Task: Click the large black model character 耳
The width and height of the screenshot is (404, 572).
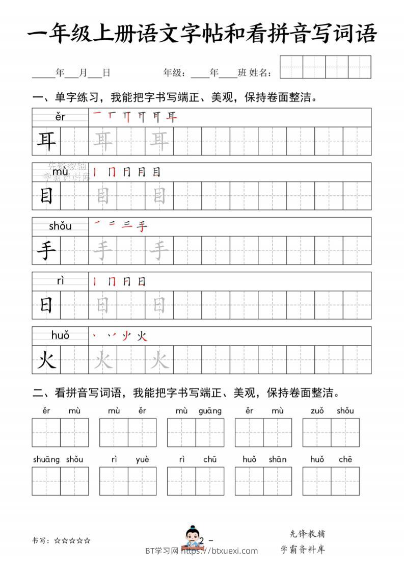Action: [46, 141]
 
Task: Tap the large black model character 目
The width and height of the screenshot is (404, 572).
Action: [46, 196]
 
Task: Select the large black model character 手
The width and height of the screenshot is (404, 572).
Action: [46, 250]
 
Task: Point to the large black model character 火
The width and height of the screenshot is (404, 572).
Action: [46, 361]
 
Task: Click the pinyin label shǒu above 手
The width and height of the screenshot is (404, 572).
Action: [60, 226]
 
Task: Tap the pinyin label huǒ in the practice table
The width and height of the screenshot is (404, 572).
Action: [60, 335]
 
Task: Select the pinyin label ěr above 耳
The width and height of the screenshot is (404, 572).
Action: [60, 117]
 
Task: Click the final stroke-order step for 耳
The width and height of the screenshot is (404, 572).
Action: [172, 117]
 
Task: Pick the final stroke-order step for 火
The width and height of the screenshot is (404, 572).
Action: [142, 336]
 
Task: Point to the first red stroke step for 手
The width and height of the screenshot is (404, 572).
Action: [97, 225]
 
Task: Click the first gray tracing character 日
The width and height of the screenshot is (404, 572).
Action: [103, 305]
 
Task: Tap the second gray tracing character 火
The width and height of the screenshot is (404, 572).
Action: [159, 361]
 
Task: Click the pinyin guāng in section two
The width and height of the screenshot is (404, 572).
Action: [210, 411]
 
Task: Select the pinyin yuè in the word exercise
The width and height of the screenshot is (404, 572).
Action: [142, 459]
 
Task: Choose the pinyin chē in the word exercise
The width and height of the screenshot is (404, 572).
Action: [345, 459]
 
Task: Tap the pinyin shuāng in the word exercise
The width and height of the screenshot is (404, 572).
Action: [46, 459]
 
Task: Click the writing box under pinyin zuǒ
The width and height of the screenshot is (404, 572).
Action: [317, 433]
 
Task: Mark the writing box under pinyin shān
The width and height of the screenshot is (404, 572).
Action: [278, 481]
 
